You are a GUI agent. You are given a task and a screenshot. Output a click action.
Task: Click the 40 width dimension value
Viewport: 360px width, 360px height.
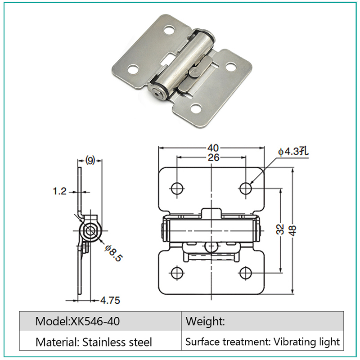click(x=213, y=148)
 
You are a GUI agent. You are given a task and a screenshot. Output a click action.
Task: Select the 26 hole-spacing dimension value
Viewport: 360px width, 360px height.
click(x=213, y=157)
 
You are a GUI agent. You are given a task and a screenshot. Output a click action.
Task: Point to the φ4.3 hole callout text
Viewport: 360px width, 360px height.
click(x=293, y=152)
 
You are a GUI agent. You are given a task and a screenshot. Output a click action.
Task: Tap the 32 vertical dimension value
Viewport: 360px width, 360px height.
click(x=280, y=229)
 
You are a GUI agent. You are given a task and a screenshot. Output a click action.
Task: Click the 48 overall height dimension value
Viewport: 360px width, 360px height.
click(x=293, y=230)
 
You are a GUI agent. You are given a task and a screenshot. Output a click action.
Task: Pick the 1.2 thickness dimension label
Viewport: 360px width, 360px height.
click(x=60, y=191)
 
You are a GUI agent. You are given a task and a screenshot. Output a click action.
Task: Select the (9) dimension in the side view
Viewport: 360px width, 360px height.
click(x=90, y=160)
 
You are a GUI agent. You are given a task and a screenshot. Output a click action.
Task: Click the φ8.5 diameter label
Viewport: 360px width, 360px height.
click(x=113, y=253)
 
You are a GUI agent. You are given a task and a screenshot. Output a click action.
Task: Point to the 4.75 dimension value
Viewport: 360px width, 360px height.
click(x=110, y=300)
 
